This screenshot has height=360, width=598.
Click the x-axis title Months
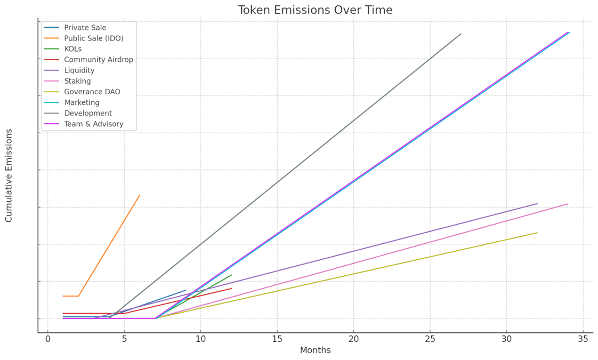pyautogui.click(x=316, y=350)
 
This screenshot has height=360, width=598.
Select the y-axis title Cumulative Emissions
pyautogui.click(x=9, y=175)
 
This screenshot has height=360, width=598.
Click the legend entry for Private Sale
pyautogui.click(x=85, y=27)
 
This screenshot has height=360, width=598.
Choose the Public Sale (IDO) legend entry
pyautogui.click(x=93, y=38)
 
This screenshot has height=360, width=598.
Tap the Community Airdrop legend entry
pyautogui.click(x=98, y=59)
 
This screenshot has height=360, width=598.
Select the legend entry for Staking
pyautogui.click(x=77, y=81)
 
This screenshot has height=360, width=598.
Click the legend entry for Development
pyautogui.click(x=87, y=113)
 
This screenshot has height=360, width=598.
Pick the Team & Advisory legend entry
pyautogui.click(x=93, y=124)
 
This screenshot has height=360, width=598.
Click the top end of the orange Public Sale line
pyautogui.click(x=140, y=195)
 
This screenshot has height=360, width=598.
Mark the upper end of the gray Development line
pyautogui.click(x=461, y=34)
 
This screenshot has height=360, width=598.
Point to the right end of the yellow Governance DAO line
pyautogui.click(x=537, y=232)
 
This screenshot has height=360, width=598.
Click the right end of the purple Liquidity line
pyautogui.click(x=537, y=203)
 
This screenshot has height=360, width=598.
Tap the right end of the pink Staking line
pyautogui.click(x=568, y=203)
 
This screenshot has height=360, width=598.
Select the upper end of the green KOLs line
pyautogui.click(x=231, y=275)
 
